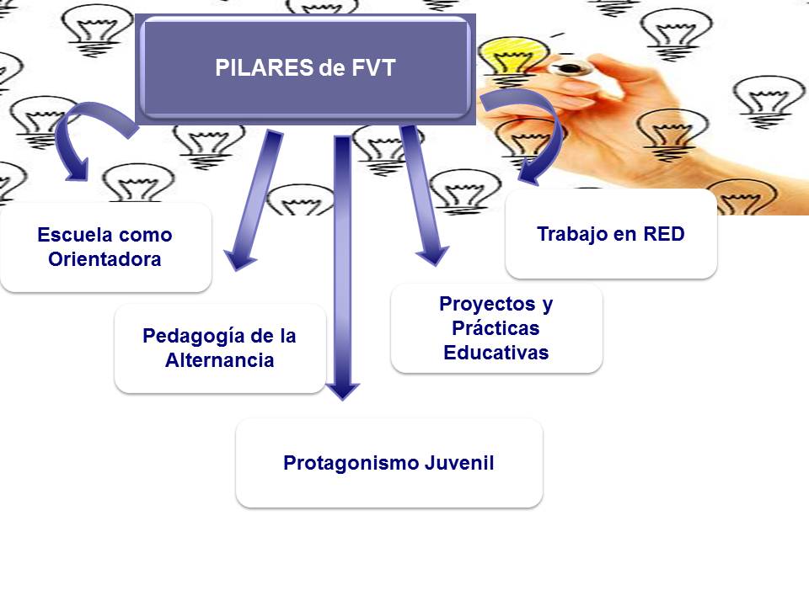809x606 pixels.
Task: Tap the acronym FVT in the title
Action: point(373,67)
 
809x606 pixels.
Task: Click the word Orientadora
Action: point(104,258)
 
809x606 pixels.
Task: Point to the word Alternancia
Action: point(220,359)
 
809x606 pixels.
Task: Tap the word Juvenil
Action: point(460,462)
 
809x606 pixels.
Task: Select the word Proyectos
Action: point(487,305)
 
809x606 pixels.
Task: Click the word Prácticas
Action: point(496,327)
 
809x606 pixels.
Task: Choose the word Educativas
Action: point(496,353)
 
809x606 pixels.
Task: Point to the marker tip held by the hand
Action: point(569,68)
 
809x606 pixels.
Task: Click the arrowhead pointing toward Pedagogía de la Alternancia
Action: point(238,260)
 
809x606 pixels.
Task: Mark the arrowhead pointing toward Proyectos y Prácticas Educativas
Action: point(432,256)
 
